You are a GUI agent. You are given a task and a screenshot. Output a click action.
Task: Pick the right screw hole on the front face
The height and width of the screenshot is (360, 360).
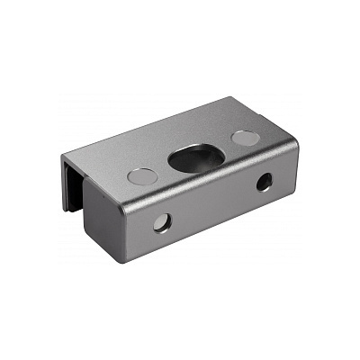(264, 183)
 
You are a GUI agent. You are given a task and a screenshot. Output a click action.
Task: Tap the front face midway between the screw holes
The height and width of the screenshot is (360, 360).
(212, 203)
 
